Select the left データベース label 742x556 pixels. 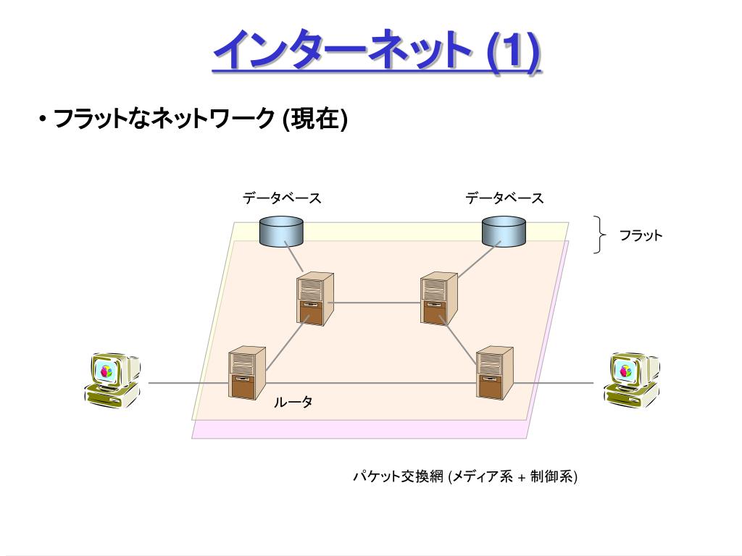282,198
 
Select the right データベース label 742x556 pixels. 504,198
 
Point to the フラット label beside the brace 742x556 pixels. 641,235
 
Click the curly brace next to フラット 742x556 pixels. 600,235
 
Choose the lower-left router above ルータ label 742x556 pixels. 246,373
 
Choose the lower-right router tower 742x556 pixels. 494,372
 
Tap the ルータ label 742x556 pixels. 293,403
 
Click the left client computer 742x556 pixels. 112,378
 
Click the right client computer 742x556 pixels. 630,378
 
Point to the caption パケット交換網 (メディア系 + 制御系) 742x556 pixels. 464,476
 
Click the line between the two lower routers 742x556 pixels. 370,382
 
